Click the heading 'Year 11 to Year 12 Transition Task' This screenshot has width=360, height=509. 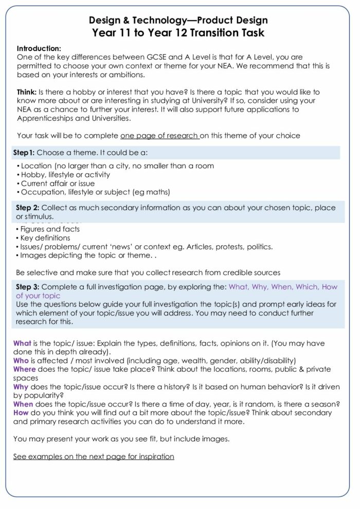[178, 33]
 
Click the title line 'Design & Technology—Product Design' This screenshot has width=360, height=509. [178, 21]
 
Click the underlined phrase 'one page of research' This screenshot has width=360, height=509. [160, 136]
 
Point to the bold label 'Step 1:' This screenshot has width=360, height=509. [25, 153]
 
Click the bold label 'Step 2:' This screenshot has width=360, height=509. [28, 208]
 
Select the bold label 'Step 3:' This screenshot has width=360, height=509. [28, 287]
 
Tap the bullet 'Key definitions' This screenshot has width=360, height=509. [45, 238]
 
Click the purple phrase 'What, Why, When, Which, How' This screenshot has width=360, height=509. [283, 287]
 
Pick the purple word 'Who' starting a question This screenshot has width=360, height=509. [21, 361]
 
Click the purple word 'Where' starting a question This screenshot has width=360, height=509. [25, 370]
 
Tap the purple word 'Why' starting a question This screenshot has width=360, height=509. [21, 387]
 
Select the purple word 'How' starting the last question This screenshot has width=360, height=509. [21, 413]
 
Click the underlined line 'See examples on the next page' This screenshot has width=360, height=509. [94, 457]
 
